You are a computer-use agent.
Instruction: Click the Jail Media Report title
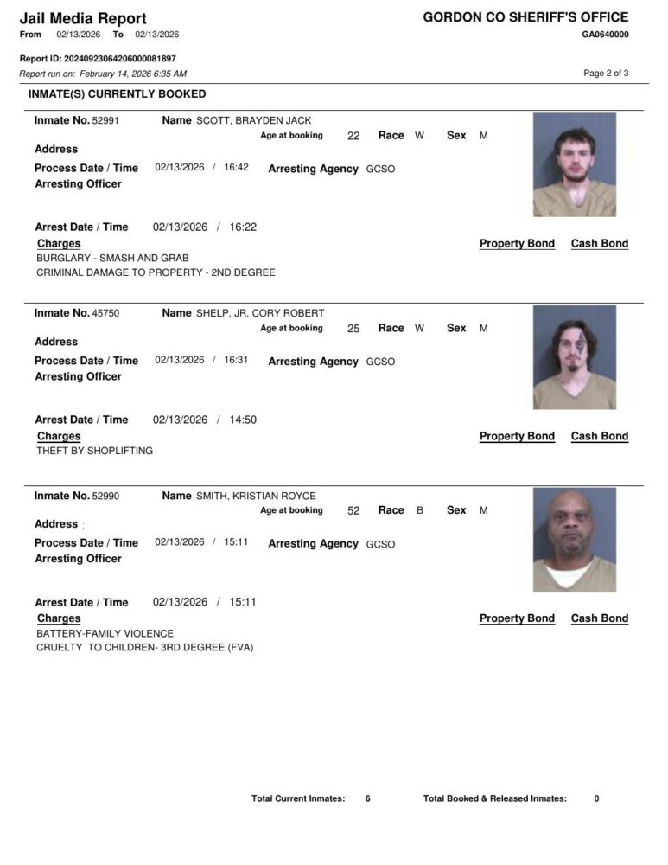pyautogui.click(x=82, y=18)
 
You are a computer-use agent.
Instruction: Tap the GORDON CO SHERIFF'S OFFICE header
pyautogui.click(x=525, y=17)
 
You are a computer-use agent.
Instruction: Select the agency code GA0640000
pyautogui.click(x=605, y=35)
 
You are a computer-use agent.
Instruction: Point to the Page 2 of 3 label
pyautogui.click(x=606, y=74)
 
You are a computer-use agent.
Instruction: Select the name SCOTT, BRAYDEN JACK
pyautogui.click(x=253, y=121)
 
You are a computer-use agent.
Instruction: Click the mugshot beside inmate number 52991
pyautogui.click(x=574, y=164)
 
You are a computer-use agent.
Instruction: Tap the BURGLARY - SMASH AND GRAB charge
pyautogui.click(x=112, y=258)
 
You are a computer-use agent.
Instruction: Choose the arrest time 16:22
pyautogui.click(x=243, y=227)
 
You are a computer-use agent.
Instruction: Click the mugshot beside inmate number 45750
pyautogui.click(x=574, y=356)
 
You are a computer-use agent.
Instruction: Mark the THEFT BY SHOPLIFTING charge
pyautogui.click(x=94, y=451)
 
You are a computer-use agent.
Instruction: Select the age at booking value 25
pyautogui.click(x=353, y=329)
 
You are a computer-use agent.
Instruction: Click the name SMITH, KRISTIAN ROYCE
pyautogui.click(x=256, y=496)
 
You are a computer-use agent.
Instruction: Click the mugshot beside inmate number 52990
pyautogui.click(x=574, y=539)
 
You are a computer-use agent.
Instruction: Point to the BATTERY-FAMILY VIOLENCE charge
pyautogui.click(x=105, y=633)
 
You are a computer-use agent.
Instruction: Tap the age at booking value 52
pyautogui.click(x=353, y=511)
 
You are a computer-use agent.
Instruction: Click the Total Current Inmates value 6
pyautogui.click(x=367, y=798)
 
